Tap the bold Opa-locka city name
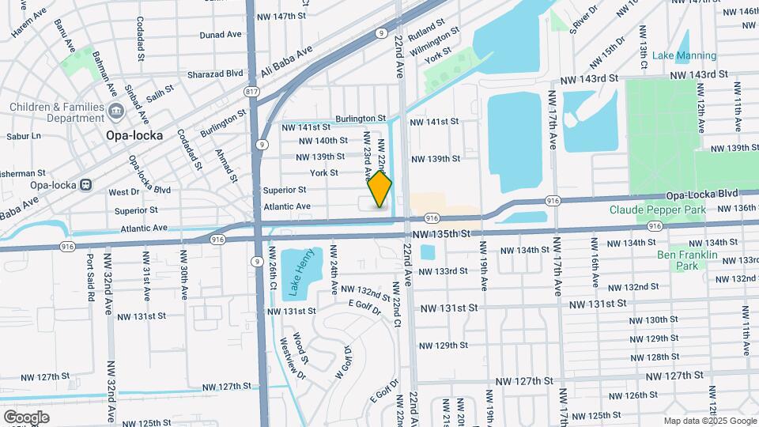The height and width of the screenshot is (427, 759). click(134, 135)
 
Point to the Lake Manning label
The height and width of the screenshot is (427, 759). click(685, 55)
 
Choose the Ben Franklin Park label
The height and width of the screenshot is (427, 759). click(686, 260)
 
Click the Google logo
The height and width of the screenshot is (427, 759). click(26, 417)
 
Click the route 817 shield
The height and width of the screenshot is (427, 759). click(252, 92)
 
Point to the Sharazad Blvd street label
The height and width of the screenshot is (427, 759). click(215, 74)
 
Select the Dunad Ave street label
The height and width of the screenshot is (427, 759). click(221, 35)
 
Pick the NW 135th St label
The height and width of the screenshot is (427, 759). click(441, 234)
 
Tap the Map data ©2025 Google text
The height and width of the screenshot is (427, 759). click(709, 421)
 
